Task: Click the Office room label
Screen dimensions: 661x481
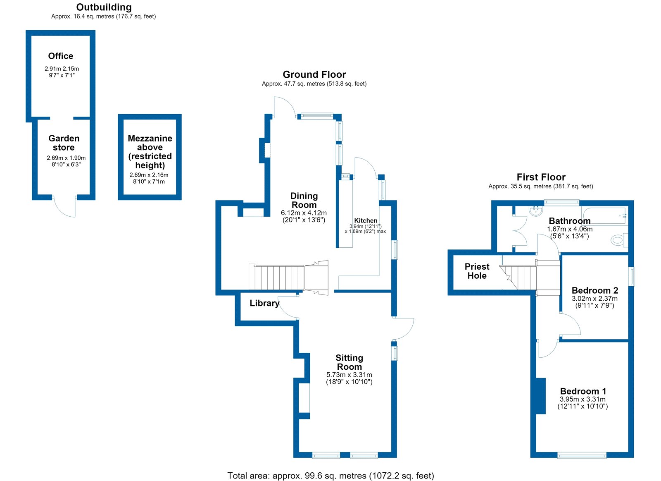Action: [60, 56]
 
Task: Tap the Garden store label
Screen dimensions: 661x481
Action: [64, 143]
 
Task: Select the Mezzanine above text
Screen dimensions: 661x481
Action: [150, 143]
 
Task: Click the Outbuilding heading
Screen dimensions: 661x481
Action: [104, 7]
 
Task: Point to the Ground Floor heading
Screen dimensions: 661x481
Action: [314, 74]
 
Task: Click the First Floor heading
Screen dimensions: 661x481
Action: [541, 177]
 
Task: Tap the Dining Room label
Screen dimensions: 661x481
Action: [304, 200]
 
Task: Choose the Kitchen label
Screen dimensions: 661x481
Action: [366, 220]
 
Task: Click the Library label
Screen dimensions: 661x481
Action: [264, 303]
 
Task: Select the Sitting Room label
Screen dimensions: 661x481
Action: [350, 362]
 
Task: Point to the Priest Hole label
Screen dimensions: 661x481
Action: [477, 271]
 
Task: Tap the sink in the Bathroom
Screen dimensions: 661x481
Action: [536, 211]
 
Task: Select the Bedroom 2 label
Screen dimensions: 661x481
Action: [595, 290]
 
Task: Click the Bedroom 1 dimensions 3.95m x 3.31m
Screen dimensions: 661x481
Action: [583, 399]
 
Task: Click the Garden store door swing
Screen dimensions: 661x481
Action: [64, 207]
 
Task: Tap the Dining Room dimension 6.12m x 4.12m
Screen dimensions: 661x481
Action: [304, 213]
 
